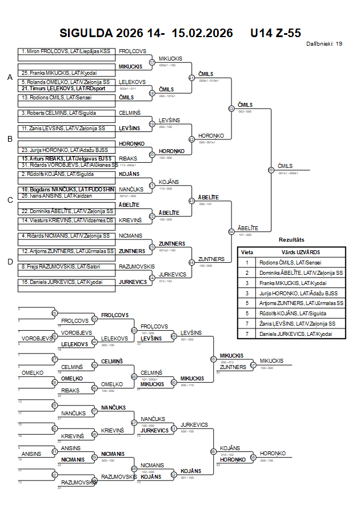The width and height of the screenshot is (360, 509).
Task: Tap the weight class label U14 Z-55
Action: pos(275,33)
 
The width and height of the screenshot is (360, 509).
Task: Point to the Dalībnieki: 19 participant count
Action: pos(324,43)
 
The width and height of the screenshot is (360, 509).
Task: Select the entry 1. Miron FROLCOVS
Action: pos(66,51)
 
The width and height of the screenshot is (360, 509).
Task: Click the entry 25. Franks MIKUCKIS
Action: pos(59,73)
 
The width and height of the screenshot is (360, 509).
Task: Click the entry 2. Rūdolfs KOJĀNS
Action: pos(57,174)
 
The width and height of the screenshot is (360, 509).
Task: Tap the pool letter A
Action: pos(10,77)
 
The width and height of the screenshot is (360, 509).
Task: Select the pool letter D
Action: pos(10,262)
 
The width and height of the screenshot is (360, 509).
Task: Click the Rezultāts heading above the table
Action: pos(291,240)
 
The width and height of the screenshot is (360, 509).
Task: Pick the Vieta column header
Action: pos(247,252)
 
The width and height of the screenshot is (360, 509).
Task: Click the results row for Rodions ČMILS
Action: pos(291,262)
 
